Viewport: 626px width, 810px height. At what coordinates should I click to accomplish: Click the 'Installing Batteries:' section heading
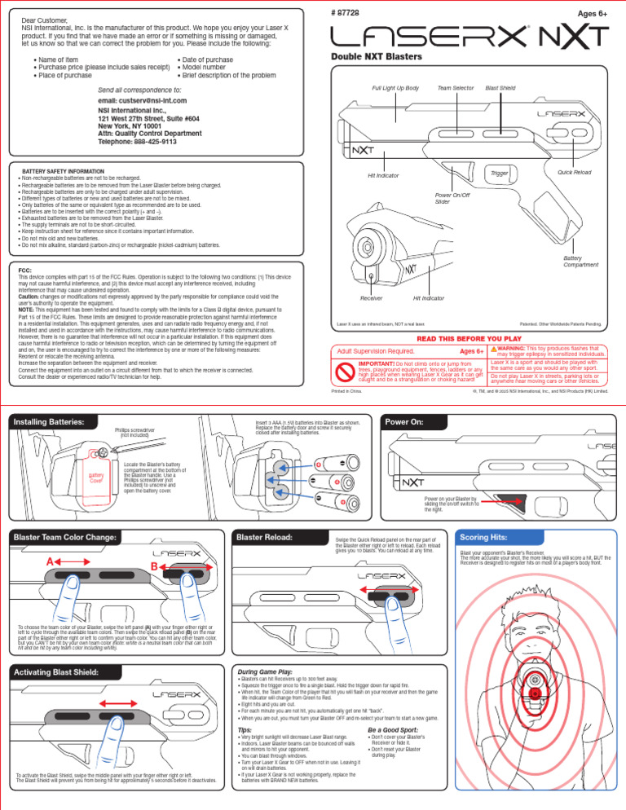(48, 422)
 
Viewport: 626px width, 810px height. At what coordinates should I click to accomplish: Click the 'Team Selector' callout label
(456, 87)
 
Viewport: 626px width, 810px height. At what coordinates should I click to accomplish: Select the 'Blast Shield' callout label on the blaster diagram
(500, 87)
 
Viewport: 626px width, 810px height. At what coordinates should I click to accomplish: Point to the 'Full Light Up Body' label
(395, 87)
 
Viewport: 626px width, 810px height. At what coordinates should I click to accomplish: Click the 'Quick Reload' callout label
(575, 173)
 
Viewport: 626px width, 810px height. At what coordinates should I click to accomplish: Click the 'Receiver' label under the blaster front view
(372, 299)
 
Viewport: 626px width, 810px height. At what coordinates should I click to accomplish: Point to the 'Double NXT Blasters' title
(376, 56)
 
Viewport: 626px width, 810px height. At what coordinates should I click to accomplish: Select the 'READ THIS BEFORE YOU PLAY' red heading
(468, 337)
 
